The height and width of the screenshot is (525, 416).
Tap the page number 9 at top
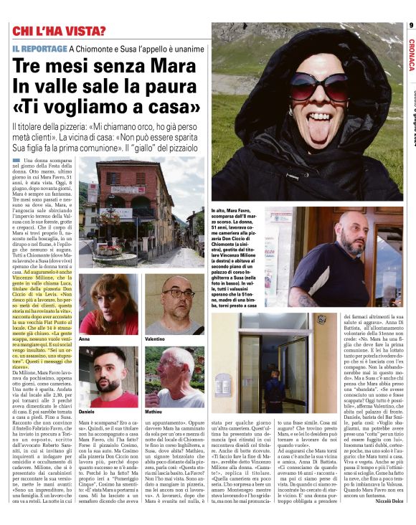pyautogui.click(x=411, y=26)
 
